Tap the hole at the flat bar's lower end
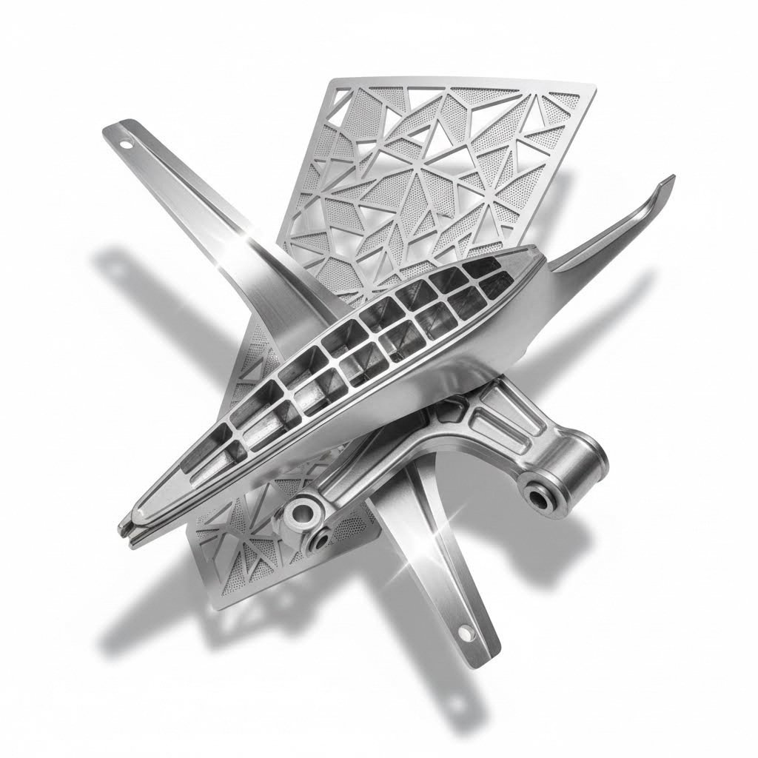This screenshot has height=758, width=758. (x=466, y=631)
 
